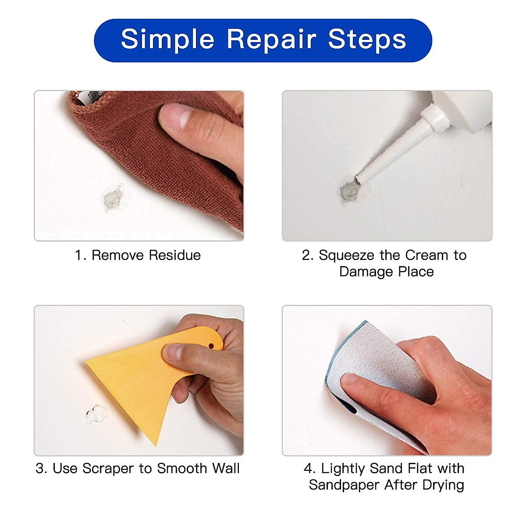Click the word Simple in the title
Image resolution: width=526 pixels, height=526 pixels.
point(167,39)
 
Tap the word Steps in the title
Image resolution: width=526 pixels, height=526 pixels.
point(367,39)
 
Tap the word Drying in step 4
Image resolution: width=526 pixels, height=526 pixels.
point(443,485)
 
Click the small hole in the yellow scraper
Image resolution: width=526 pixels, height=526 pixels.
point(211,346)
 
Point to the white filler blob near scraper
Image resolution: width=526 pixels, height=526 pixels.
point(96,414)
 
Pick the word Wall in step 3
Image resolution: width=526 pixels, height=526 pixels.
point(226,468)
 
